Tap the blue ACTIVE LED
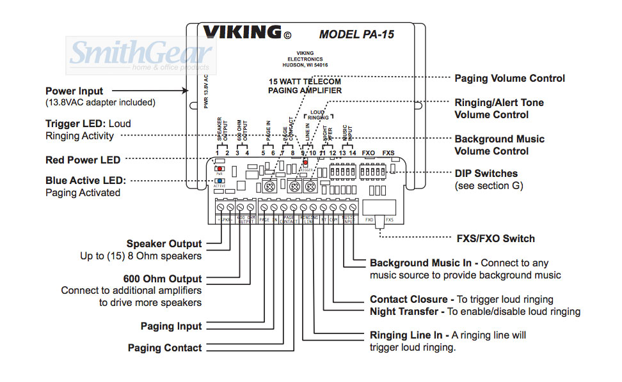pyautogui.click(x=219, y=181)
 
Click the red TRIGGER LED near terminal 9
pyautogui.click(x=305, y=164)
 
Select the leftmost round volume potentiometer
pyautogui.click(x=271, y=187)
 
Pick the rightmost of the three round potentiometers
pyautogui.click(x=310, y=187)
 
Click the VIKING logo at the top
pyautogui.click(x=243, y=32)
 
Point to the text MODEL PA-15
pyautogui.click(x=356, y=34)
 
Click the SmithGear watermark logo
pyautogui.click(x=141, y=54)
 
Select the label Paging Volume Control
pyautogui.click(x=509, y=79)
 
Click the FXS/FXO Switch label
pyautogui.click(x=495, y=238)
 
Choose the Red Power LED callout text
pyautogui.click(x=83, y=160)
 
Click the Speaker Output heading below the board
pyautogui.click(x=164, y=243)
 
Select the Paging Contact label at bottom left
pyautogui.click(x=164, y=348)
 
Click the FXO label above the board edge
pyautogui.click(x=368, y=153)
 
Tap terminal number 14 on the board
pyautogui.click(x=353, y=153)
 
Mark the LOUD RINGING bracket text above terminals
pyautogui.click(x=317, y=114)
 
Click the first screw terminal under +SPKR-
pyautogui.click(x=221, y=208)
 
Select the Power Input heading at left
pyautogui.click(x=74, y=91)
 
